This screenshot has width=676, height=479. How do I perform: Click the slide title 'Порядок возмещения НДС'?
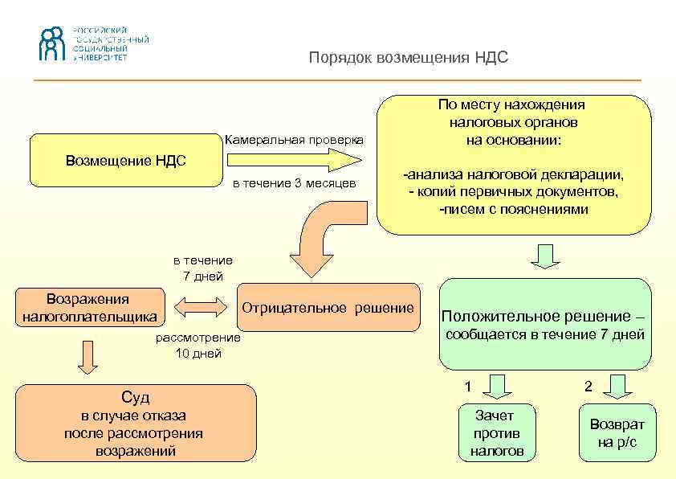coord(409,59)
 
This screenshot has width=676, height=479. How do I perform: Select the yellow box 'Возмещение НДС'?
coord(125,160)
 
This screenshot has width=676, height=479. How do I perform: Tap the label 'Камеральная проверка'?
coord(294,140)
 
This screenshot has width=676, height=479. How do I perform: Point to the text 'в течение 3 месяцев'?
coord(295,183)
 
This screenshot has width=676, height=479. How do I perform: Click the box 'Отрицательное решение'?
coord(328,307)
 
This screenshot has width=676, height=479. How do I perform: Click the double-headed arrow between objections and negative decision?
coord(201,306)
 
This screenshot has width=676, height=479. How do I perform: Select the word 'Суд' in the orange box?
coord(135,397)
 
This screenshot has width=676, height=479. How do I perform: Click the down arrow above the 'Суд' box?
coord(88,355)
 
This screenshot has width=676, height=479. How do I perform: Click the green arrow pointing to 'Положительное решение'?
coord(545,256)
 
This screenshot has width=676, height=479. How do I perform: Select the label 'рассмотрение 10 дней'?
coord(198,346)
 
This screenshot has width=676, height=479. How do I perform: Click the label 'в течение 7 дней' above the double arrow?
coord(203,268)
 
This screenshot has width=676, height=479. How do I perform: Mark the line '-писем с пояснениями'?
coord(514,209)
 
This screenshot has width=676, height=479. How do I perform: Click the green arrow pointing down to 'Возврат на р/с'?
coord(618,387)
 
